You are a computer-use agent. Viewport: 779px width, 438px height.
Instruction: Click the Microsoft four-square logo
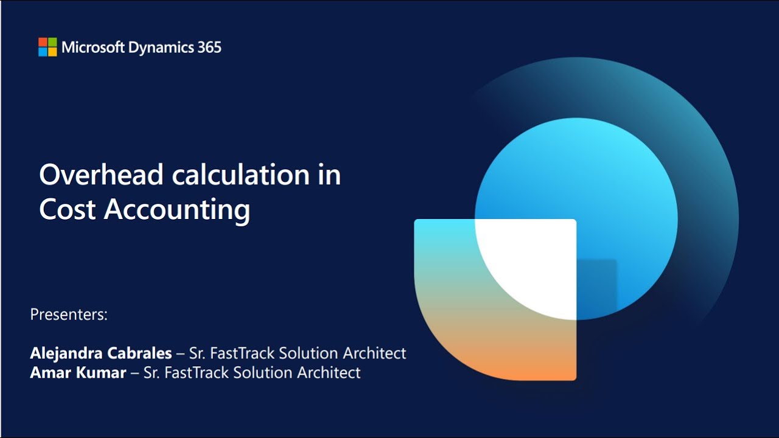[47, 47]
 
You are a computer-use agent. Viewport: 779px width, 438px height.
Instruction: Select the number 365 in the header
[209, 47]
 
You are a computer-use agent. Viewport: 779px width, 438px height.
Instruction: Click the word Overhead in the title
[101, 175]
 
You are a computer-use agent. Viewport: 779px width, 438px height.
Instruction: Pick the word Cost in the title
[67, 209]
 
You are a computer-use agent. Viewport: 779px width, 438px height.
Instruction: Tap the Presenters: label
[69, 315]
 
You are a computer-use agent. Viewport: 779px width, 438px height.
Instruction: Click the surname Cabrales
[139, 353]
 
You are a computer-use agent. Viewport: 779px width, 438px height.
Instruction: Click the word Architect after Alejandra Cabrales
[374, 353]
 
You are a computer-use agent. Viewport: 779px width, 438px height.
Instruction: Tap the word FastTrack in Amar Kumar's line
[195, 372]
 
